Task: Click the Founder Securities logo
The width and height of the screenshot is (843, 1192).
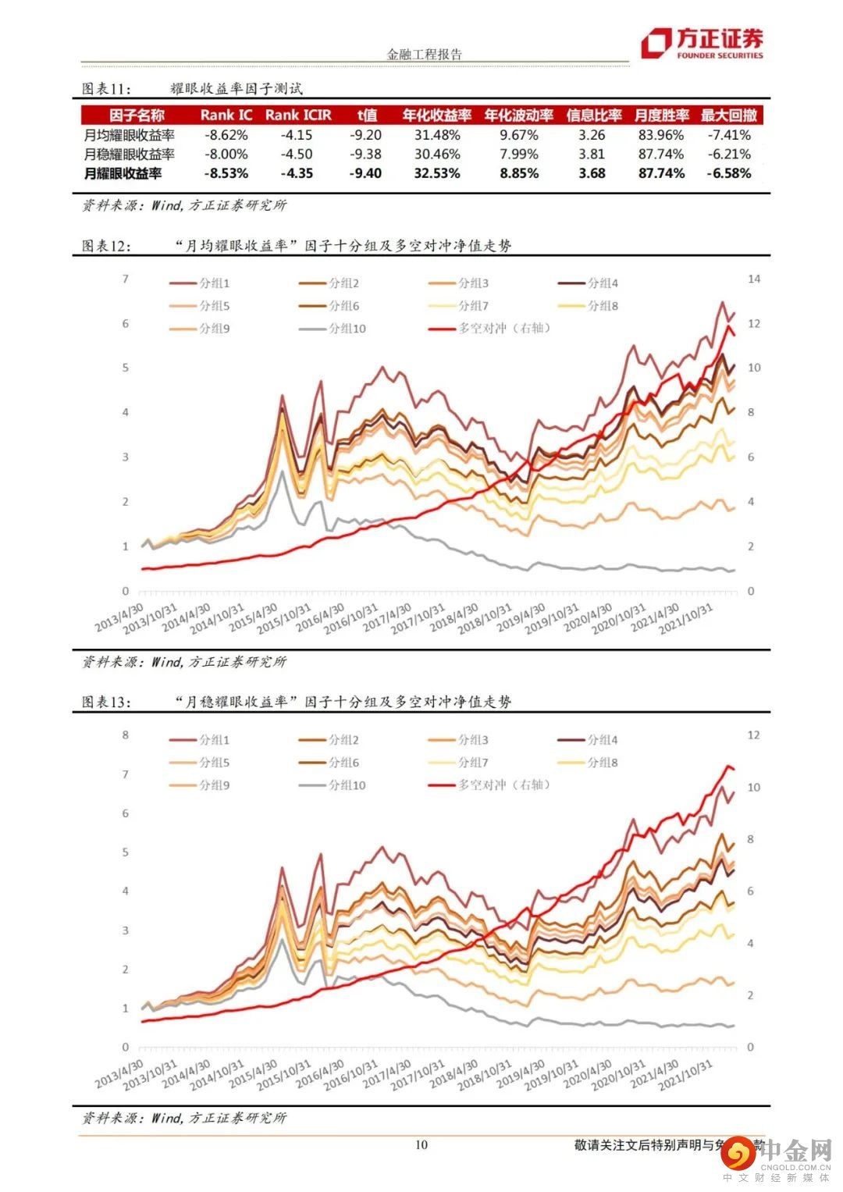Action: point(702,44)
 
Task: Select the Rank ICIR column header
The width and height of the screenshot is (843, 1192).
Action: point(298,115)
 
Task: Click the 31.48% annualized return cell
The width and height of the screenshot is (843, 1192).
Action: point(437,135)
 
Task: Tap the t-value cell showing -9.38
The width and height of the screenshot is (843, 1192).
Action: point(366,154)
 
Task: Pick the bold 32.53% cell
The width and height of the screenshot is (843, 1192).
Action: point(437,173)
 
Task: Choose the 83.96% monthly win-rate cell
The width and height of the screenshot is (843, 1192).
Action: point(661,135)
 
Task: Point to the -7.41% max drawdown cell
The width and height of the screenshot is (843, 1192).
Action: point(729,135)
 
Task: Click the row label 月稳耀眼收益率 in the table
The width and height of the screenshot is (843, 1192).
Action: point(130,154)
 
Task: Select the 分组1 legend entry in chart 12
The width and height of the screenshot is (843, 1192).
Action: point(213,283)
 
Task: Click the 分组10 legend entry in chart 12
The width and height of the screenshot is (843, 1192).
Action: point(346,329)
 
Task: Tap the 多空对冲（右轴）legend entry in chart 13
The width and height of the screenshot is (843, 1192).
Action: point(504,785)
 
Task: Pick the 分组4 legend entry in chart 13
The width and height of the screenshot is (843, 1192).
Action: point(602,739)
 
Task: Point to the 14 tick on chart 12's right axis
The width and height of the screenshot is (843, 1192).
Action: point(754,279)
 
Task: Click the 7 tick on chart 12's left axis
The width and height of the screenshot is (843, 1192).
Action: point(125,279)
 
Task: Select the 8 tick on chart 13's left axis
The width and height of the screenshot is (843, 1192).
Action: point(125,735)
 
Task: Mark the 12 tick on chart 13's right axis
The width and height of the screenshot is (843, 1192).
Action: point(754,735)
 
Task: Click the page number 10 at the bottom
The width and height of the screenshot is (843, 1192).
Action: point(421,1145)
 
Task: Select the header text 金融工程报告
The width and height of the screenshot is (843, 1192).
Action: point(425,55)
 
